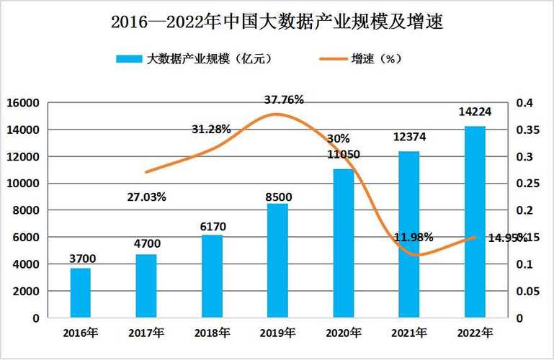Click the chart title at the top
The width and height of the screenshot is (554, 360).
276,22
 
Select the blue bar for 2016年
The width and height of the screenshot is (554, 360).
81,292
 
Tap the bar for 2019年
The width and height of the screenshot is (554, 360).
277,261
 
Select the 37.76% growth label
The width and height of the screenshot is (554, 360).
284,101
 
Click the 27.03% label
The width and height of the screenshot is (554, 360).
147,196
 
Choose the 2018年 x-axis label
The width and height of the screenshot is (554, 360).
212,333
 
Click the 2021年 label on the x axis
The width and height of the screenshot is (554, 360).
409,333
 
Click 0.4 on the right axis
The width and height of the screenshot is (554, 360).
524,103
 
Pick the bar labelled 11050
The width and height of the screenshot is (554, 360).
344,243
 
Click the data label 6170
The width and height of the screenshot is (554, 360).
213,227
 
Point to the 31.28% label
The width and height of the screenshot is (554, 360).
211,130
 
